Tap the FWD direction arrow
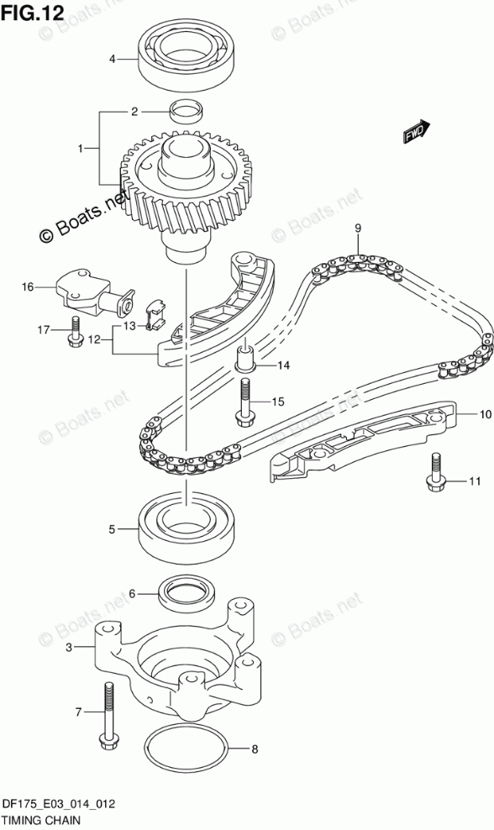(416, 130)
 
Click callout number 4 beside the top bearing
(112, 60)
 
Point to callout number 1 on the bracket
(81, 149)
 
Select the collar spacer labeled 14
(245, 356)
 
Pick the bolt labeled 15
(245, 403)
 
